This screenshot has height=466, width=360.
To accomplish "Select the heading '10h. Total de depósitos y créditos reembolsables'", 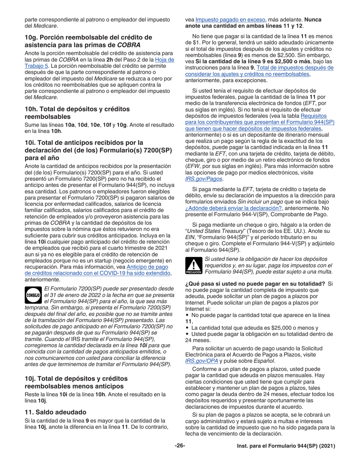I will pyautogui.click(x=77, y=113).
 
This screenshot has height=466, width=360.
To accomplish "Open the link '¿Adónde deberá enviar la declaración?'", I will pyautogui.click(x=234, y=208).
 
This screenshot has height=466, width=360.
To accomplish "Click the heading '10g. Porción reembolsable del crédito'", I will pyautogui.click(x=88, y=37).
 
